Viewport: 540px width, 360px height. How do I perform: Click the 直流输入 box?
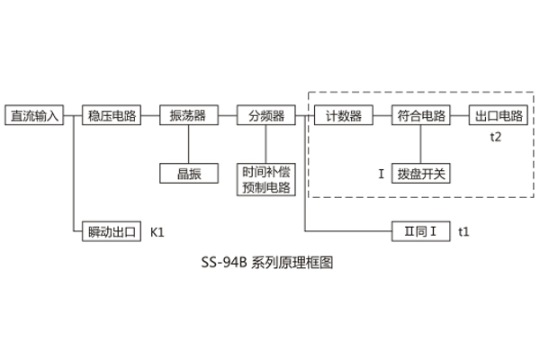pyautogui.click(x=34, y=116)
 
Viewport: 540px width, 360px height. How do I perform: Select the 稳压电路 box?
pyautogui.click(x=112, y=116)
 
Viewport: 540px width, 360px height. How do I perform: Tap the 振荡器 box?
pyautogui.click(x=188, y=116)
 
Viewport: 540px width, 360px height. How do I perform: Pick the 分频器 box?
pyautogui.click(x=265, y=116)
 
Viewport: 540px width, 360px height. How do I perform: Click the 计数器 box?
pyautogui.click(x=343, y=116)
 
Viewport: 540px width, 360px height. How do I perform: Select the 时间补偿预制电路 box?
pyautogui.click(x=265, y=180)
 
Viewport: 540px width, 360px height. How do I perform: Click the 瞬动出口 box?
pyautogui.click(x=112, y=231)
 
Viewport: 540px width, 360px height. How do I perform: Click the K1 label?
pyautogui.click(x=157, y=232)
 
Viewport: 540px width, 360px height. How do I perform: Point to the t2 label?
pyautogui.click(x=496, y=137)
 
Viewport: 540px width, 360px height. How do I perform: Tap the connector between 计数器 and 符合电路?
pyautogui.click(x=382, y=116)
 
